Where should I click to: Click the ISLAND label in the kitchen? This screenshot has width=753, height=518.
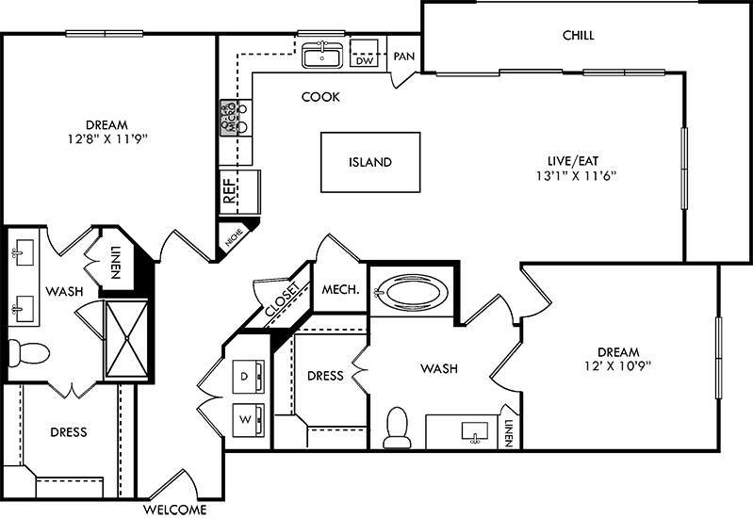[369, 162]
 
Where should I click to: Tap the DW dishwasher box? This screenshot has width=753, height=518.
[364, 61]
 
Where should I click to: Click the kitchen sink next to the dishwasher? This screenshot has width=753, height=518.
[323, 56]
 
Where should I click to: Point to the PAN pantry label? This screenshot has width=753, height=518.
[404, 57]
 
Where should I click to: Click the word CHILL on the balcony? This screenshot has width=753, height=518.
[579, 36]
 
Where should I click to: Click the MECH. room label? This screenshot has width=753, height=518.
[340, 290]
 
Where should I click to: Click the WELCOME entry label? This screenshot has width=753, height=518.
[174, 510]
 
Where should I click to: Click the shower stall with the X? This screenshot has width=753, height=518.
[125, 339]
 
